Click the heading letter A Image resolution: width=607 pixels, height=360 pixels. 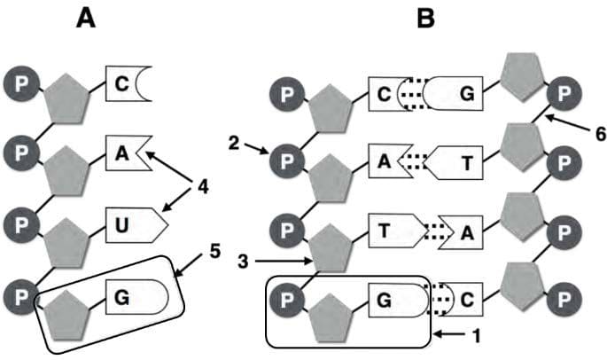coord(85,18)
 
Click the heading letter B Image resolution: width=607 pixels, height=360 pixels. coord(426,18)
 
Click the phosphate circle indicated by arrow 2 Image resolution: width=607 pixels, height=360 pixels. coord(286,161)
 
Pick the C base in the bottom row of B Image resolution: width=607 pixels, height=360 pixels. coord(463,300)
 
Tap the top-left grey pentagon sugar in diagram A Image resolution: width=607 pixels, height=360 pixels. coord(69,96)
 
